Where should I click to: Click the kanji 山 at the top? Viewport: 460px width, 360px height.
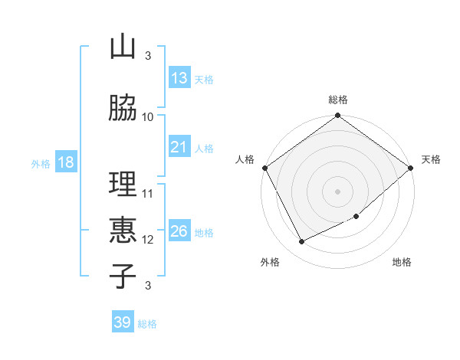pos(123,47)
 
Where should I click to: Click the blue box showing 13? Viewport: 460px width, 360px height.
pos(179,77)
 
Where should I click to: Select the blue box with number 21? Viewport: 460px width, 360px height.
pos(179,147)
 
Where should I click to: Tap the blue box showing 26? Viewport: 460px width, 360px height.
pos(179,231)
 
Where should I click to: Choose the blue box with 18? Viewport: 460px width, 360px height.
pos(65,162)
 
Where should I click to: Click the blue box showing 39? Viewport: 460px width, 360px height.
pos(123,322)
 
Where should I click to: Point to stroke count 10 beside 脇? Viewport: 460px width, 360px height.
pos(148,117)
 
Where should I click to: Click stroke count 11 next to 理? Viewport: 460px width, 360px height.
pos(148,194)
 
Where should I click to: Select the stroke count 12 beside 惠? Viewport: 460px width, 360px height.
pos(148,240)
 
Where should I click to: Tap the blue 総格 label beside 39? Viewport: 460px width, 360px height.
pos(147,324)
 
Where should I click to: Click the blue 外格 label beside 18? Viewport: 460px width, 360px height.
pos(40,163)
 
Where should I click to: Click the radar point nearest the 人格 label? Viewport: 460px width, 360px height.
pos(264,168)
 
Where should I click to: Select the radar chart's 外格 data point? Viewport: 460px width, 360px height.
pos(302,242)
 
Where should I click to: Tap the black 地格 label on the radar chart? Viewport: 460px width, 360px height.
pos(402,263)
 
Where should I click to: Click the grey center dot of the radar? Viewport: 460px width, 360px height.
pos(337,191)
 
